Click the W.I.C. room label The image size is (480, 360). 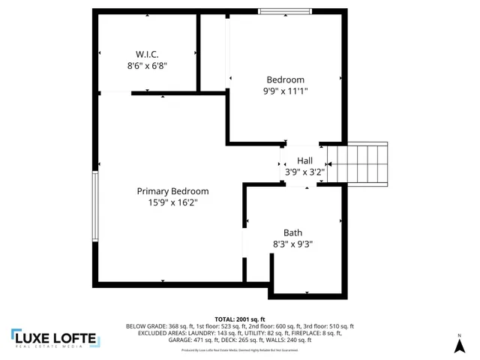coord(146,55)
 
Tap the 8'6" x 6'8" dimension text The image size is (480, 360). coord(146,66)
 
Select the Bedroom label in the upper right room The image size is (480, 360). coord(286,79)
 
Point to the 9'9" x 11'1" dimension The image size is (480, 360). coord(286,91)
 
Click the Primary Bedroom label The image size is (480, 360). coord(172,191)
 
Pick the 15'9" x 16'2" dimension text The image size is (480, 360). coord(172,202)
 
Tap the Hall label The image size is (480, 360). coord(304,160)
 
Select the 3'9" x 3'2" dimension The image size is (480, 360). coord(304,172)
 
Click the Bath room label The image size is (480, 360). coord(292,232)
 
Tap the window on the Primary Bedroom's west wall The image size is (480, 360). coord(95,206)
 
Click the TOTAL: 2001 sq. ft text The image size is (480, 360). coord(240,319)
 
